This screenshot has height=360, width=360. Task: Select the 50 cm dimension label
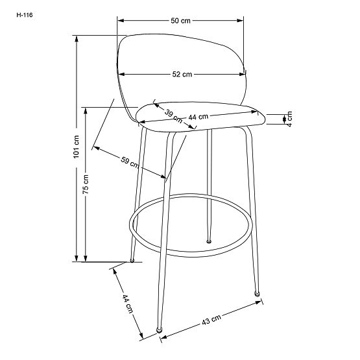(x=180, y=21)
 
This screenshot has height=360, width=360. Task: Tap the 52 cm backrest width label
(x=182, y=75)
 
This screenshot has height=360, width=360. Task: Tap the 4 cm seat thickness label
(x=290, y=118)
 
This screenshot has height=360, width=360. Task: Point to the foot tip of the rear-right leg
(x=208, y=242)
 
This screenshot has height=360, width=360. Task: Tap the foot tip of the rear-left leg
(x=132, y=261)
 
